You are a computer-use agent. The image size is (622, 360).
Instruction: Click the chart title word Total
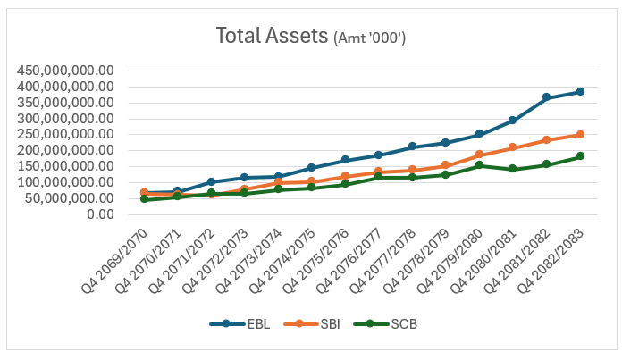point(240,36)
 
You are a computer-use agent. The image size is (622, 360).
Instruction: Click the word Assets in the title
point(297,36)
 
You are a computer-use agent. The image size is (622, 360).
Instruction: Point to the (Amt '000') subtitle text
point(370,38)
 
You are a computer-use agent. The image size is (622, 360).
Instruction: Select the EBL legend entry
point(240,324)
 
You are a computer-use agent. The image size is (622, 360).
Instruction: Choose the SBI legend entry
point(312,324)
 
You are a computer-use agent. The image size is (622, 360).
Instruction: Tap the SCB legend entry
point(385,324)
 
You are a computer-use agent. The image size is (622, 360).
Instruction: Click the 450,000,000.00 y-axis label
point(65,71)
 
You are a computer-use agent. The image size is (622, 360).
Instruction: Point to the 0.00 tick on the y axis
point(100,214)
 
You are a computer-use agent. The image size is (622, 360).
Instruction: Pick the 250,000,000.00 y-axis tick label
point(65,134)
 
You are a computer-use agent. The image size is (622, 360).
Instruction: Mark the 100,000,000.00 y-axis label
point(65,182)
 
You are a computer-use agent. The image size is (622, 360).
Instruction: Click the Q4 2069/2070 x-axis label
point(114,261)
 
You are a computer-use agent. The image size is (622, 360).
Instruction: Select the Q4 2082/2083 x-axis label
point(551,261)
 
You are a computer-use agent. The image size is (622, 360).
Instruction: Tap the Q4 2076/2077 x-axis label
point(349,261)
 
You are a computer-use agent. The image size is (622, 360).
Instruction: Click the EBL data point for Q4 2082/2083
point(580,92)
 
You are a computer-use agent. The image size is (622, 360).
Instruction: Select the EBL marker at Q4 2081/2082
point(546,97)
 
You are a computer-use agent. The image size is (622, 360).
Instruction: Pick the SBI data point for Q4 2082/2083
point(580,135)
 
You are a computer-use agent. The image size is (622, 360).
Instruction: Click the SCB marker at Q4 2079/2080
point(479,165)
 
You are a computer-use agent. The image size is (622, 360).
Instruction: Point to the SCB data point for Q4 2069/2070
point(144,199)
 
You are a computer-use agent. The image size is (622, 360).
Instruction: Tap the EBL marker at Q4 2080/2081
point(512,120)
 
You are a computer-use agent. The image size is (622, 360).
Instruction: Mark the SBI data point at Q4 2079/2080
point(479,155)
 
